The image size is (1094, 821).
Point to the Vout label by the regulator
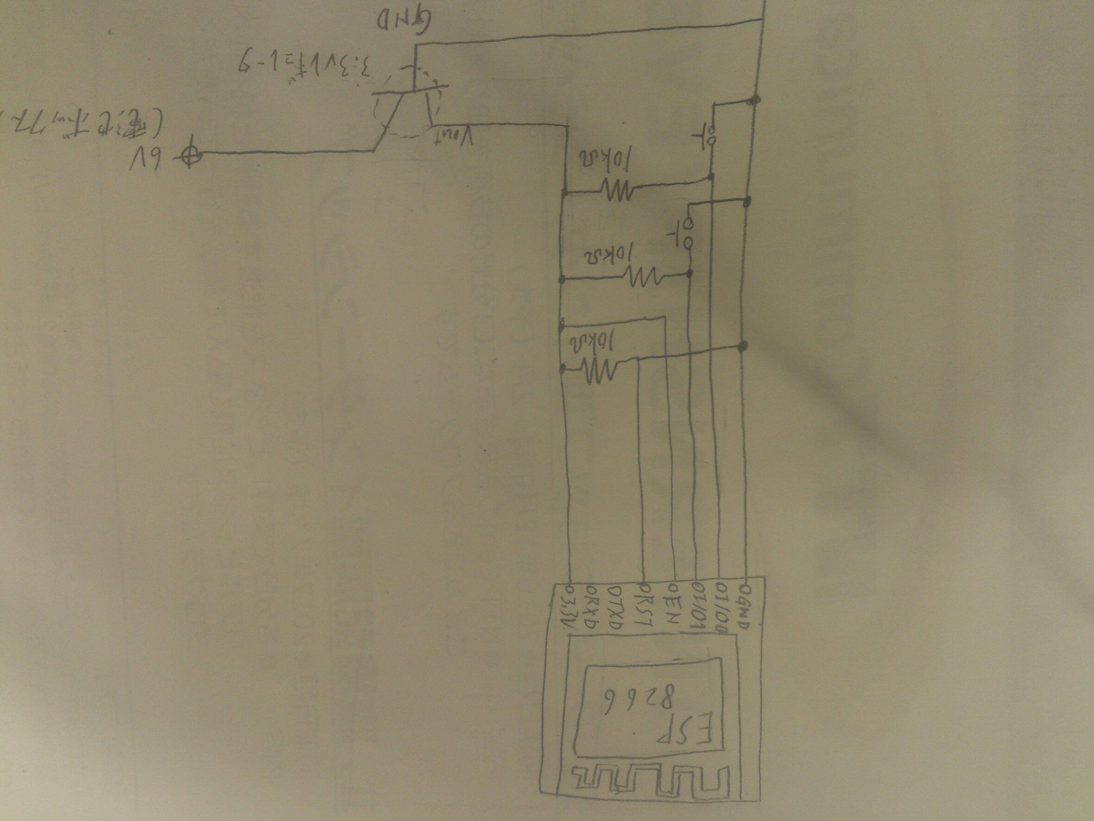pyautogui.click(x=454, y=136)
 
